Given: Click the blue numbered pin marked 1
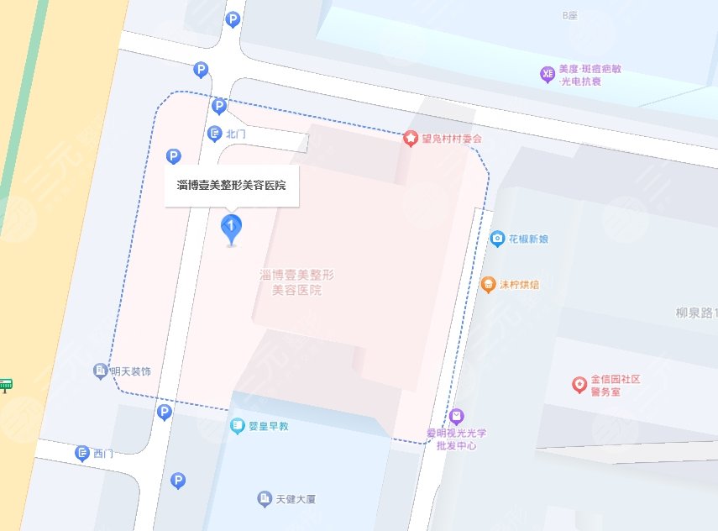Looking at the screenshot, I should click(x=231, y=228).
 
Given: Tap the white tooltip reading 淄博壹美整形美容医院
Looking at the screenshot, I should click(x=231, y=185).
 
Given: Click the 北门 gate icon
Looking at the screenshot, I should click(x=214, y=134).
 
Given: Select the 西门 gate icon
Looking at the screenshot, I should click(x=82, y=454).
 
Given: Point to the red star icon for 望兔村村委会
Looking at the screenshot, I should click(x=411, y=138).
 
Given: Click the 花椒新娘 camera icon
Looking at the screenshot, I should click(x=497, y=239).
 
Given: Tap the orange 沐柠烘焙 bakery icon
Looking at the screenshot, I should click(x=488, y=285).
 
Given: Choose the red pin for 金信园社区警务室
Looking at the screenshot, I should click(x=579, y=385).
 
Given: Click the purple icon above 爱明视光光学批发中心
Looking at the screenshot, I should click(x=456, y=416).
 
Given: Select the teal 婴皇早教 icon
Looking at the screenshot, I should click(x=238, y=427).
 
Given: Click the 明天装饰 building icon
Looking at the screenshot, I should click(x=101, y=371).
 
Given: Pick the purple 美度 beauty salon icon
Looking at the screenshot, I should click(x=548, y=75).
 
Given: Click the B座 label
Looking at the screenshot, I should click(x=571, y=16).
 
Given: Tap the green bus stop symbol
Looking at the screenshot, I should click(x=6, y=385).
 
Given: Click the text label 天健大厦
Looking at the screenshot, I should click(x=296, y=500).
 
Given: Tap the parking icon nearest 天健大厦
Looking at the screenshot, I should click(x=177, y=480).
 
